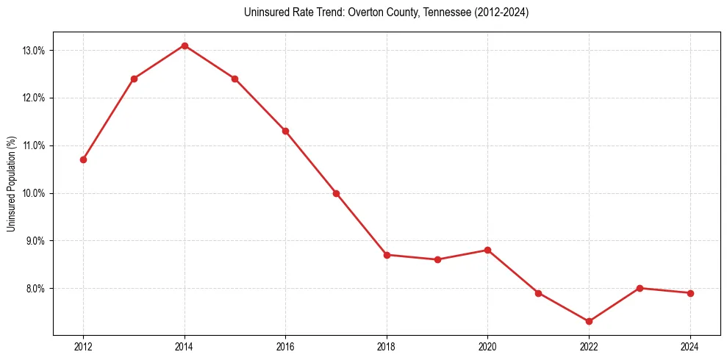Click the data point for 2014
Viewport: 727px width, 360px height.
185,46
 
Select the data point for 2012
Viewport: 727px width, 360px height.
84,159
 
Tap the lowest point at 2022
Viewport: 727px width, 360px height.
589,321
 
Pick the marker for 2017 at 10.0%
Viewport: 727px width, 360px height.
336,193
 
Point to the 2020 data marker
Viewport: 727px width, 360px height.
487,250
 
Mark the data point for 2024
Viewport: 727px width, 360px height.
690,293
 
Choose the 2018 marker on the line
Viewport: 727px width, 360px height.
387,255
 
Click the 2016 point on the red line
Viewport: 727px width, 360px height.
285,131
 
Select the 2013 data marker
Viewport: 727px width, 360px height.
134,79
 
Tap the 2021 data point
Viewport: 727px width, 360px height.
538,293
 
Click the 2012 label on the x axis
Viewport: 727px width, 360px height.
84,347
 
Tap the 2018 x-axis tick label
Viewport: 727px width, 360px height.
387,347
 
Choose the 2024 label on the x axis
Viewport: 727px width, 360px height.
690,347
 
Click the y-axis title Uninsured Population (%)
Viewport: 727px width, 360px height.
11,184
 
